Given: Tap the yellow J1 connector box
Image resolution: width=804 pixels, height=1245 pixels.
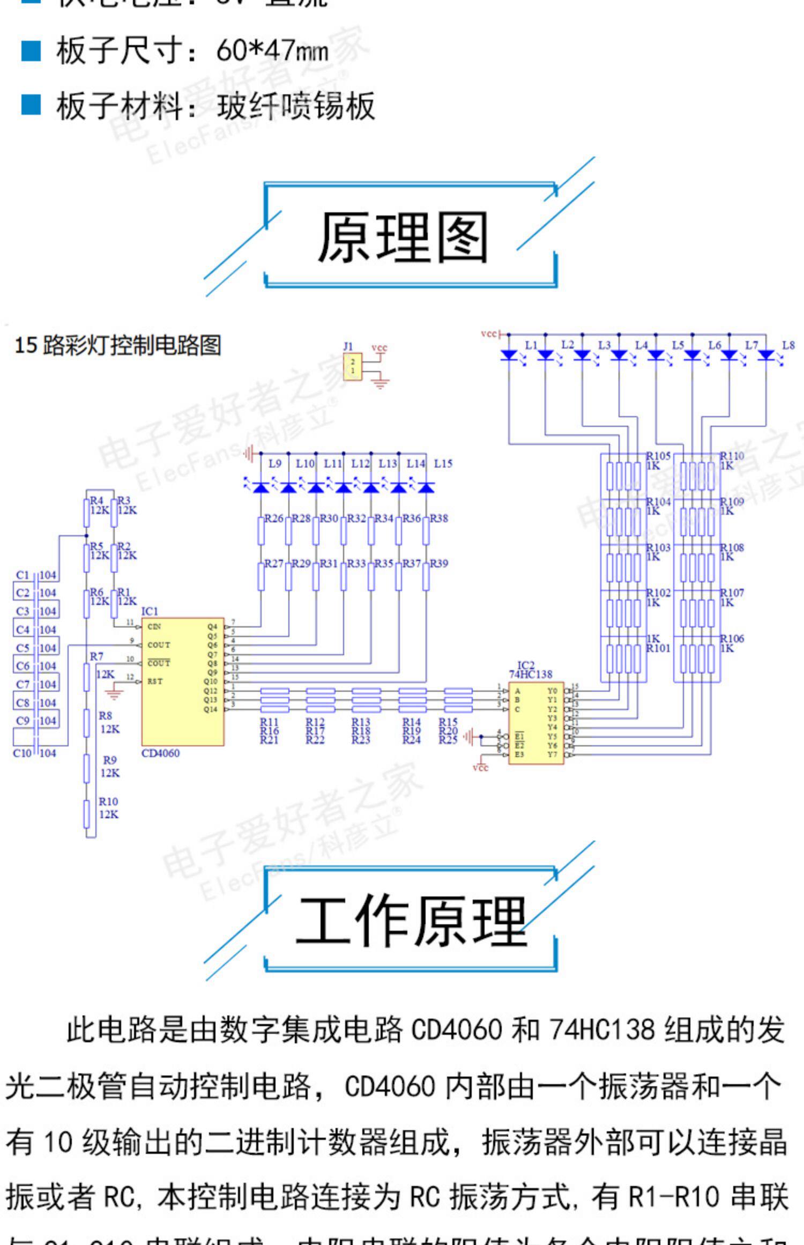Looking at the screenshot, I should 352,367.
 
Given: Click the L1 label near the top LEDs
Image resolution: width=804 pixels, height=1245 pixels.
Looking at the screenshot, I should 531,345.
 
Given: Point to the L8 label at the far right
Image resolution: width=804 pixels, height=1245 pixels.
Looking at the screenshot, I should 788,345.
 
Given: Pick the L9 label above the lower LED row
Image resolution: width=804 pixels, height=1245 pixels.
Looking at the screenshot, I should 275,463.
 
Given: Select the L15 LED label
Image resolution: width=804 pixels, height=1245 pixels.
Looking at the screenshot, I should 443,463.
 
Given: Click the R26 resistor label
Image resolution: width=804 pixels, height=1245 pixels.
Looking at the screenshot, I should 274,518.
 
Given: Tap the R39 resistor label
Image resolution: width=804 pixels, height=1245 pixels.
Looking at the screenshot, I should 439,564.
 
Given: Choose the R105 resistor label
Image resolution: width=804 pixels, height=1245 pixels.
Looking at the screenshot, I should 659,456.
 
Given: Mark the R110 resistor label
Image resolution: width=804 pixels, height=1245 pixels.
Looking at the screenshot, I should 732,456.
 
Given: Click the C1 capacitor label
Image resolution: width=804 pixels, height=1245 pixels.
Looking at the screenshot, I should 23,575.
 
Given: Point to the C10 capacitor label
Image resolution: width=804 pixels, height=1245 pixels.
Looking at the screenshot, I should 23,753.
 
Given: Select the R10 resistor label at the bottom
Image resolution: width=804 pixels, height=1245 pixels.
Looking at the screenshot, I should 108,802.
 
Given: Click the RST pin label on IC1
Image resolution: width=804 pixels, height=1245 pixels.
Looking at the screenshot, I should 155,681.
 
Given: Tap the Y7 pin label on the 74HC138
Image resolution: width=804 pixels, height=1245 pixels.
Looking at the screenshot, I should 552,754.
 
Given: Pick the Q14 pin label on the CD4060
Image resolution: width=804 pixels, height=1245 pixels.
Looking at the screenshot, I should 211,709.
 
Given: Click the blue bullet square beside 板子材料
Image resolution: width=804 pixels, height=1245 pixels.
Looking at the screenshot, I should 31,105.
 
